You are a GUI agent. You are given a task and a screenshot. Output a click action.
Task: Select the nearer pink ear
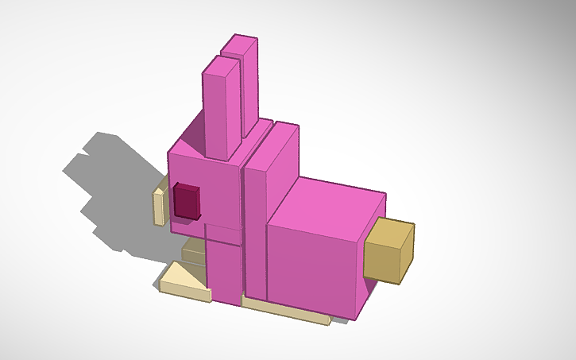click(x=222, y=111)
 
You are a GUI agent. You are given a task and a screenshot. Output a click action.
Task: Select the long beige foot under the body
click(x=286, y=311)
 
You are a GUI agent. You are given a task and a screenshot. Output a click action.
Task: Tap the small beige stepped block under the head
click(x=193, y=253)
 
